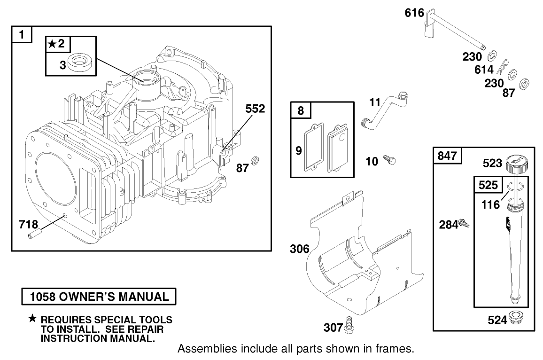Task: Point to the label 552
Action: [255, 109]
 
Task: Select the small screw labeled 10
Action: [390, 160]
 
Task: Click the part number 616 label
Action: [414, 13]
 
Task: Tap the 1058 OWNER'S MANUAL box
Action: [99, 297]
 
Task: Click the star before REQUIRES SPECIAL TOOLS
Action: [32, 319]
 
